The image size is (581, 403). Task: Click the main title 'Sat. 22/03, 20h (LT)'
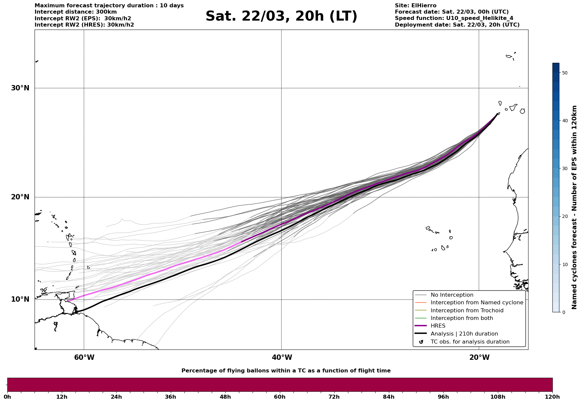pos(281,16)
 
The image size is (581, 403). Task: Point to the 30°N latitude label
pos(20,88)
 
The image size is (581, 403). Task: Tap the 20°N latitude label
pos(20,197)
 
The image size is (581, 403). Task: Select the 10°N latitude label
pos(20,299)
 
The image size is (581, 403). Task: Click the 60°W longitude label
pos(84,357)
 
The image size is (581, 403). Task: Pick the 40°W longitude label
pos(282,357)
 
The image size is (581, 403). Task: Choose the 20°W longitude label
pos(479,357)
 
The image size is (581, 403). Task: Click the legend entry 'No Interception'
pos(452,295)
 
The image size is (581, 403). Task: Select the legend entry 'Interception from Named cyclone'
pos(477,303)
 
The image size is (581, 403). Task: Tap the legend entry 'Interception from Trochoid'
pos(467,311)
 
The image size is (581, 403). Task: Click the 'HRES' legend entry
pos(438,326)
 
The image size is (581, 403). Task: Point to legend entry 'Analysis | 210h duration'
pos(464,334)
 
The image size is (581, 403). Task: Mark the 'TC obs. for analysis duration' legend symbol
pos(421,342)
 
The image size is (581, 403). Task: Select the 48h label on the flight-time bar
pos(225,397)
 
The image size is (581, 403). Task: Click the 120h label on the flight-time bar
pos(552,397)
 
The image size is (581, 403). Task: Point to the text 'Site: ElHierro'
pos(415,6)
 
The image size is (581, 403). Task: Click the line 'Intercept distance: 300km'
pos(75,12)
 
